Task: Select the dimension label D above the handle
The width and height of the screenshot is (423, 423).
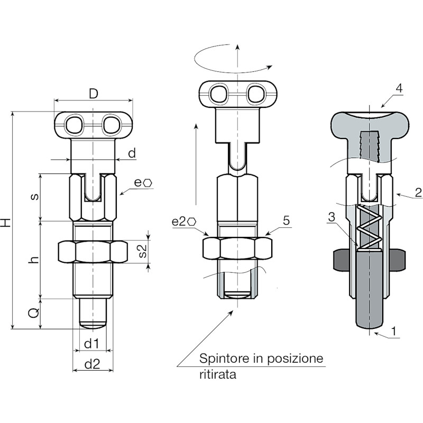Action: tap(94, 94)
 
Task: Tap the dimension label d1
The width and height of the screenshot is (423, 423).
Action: tap(91, 344)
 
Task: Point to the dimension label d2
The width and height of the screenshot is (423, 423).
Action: tap(92, 364)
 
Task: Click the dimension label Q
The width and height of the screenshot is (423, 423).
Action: tap(34, 313)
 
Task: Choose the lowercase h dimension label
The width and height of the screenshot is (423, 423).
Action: tap(34, 260)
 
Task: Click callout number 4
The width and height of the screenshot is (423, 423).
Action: tap(399, 88)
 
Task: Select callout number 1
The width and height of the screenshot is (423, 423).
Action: tap(393, 331)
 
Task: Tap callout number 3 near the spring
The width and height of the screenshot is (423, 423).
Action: tap(332, 217)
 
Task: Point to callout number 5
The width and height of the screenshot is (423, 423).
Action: tap(286, 220)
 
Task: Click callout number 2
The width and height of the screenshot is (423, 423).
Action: tap(418, 192)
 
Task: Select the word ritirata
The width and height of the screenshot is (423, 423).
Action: tap(218, 374)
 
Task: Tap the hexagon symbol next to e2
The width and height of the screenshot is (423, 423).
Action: tap(191, 222)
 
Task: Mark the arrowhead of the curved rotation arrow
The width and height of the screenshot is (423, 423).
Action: tap(269, 67)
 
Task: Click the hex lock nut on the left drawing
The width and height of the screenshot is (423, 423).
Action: tap(93, 252)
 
